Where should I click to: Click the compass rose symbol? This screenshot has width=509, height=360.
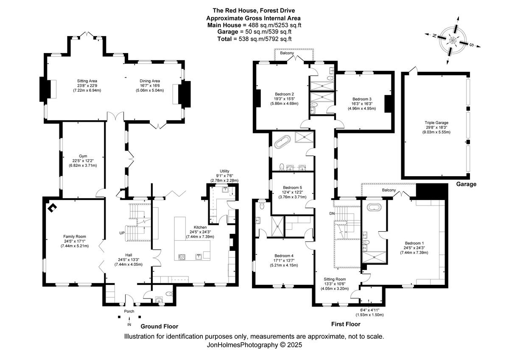click(453, 40)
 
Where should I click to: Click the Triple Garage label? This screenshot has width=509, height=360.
click(436, 122)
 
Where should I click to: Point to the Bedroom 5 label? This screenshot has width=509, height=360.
click(292, 187)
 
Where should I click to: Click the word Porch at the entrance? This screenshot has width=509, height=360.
click(129, 311)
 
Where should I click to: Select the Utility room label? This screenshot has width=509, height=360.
click(224, 171)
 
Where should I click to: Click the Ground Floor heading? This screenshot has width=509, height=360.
click(159, 326)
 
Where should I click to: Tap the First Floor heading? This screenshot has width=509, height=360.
click(346, 324)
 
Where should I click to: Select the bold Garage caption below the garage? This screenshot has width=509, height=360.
click(466, 184)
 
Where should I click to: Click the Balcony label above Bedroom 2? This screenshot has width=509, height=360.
click(287, 53)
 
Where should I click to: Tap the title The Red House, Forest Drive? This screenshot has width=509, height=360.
click(254, 11)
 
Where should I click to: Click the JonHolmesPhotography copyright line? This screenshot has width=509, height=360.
click(254, 345)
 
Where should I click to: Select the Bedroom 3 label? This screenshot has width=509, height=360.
click(361, 98)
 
